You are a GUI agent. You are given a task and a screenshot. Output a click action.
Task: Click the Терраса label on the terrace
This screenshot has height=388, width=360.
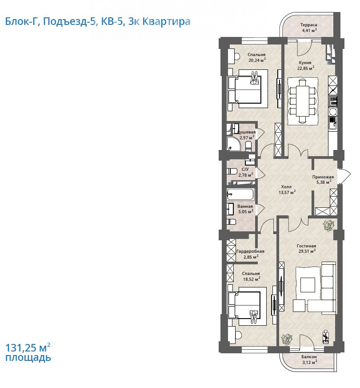[308, 25]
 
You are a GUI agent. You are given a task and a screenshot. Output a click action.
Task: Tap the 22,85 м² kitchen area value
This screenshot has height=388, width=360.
[306, 68]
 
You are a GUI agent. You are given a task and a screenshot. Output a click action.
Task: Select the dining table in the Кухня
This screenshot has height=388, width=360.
[302, 101]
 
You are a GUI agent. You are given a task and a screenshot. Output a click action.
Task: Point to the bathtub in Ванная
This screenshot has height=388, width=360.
[240, 194]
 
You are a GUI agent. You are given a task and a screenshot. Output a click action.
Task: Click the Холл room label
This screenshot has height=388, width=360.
[286, 187]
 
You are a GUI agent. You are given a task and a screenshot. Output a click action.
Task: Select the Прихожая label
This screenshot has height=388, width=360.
[323, 177]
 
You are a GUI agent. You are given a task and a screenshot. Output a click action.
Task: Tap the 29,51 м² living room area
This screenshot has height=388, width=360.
[307, 251]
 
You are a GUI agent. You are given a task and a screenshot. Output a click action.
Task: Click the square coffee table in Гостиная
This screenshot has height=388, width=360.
[308, 285]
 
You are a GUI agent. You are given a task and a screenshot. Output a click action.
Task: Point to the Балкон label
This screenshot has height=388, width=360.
[309, 357]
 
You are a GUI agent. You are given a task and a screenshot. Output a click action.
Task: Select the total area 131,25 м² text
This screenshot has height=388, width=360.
[28, 348]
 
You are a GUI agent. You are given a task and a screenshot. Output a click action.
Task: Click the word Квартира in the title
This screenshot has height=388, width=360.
[167, 21]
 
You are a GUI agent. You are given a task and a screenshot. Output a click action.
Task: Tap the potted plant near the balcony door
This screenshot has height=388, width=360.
[287, 339]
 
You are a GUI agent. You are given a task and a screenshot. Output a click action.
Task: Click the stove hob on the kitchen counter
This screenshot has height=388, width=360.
[333, 101]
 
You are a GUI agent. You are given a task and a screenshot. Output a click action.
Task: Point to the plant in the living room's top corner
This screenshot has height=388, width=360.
[328, 226]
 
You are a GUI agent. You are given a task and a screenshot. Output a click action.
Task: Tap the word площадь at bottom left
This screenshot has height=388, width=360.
[28, 358]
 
